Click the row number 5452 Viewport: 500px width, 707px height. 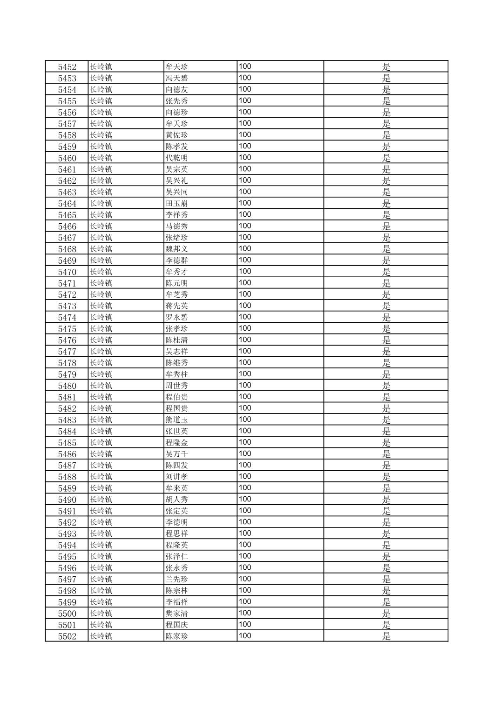[x=67, y=67]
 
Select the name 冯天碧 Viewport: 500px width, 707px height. [x=177, y=78]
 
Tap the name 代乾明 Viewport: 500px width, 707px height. [x=177, y=158]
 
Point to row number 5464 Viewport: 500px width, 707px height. [x=67, y=203]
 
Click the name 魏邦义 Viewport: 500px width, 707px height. [x=177, y=249]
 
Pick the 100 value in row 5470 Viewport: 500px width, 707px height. [x=245, y=272]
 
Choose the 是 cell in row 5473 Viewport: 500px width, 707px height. [x=386, y=306]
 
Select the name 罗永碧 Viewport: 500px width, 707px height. [x=177, y=317]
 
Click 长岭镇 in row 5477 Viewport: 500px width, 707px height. [x=101, y=351]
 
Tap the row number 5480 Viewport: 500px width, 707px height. [x=67, y=386]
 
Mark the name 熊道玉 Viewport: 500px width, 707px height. [x=177, y=420]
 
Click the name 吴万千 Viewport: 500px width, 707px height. [x=177, y=454]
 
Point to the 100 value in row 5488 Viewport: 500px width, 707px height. [x=245, y=476]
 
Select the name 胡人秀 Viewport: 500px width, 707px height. [x=177, y=500]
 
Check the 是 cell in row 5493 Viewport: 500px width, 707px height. [x=386, y=534]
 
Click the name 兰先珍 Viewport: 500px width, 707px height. [x=177, y=579]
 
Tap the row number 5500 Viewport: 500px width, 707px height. [x=67, y=614]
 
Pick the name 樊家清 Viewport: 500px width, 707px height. [x=177, y=614]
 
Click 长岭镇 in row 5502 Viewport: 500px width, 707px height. [x=101, y=636]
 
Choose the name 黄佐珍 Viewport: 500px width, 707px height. [x=177, y=135]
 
